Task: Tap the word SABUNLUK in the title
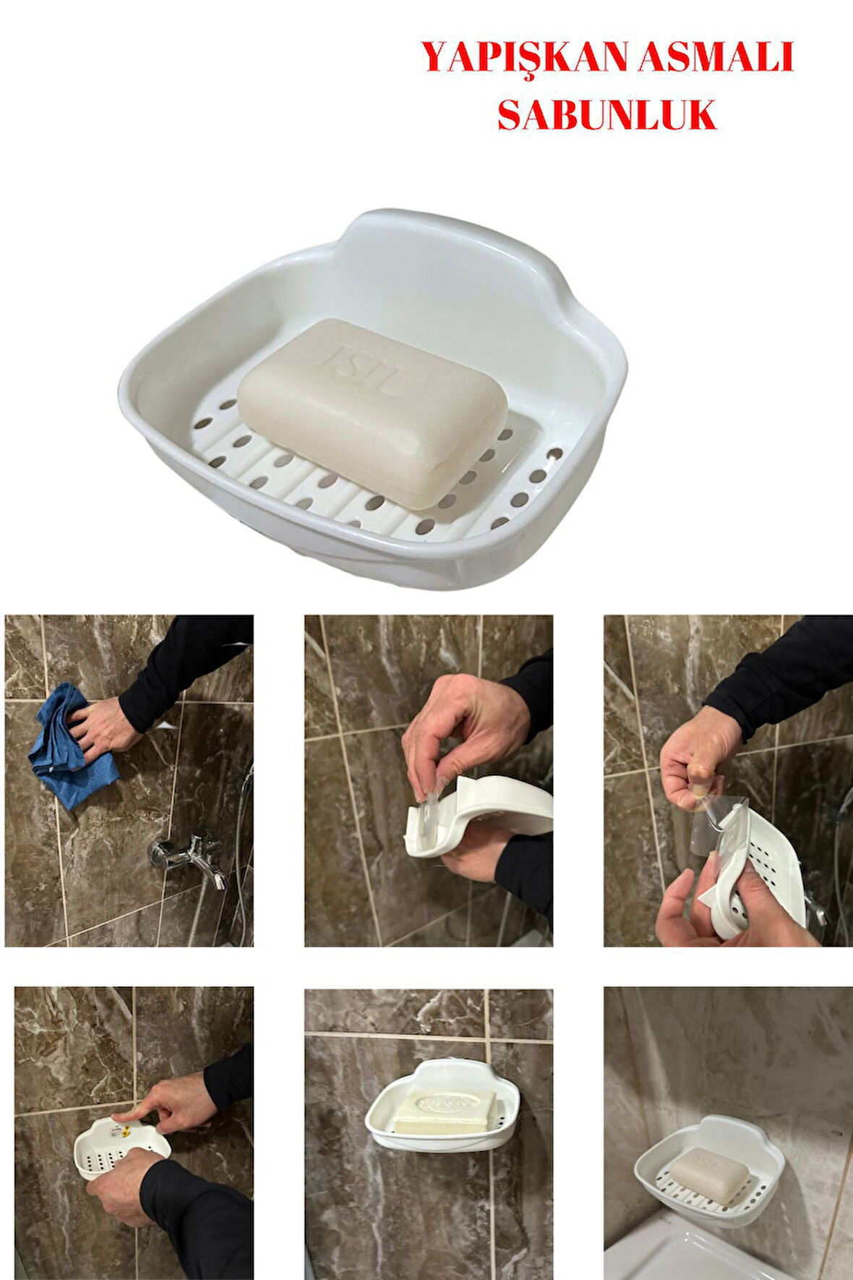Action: (607, 114)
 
